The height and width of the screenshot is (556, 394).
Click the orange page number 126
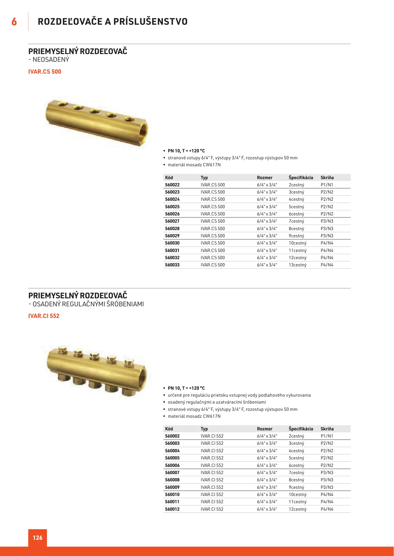[x=38, y=537]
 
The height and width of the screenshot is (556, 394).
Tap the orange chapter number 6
[x=14, y=22]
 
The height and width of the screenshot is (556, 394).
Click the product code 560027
[x=172, y=221]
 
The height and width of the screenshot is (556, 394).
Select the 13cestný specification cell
[x=298, y=265]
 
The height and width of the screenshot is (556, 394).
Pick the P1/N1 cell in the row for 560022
[x=327, y=185]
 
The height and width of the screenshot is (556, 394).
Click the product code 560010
[x=172, y=494]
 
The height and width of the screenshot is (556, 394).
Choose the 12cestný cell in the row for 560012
[x=298, y=509]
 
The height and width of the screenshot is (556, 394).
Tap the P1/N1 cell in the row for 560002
[x=327, y=436]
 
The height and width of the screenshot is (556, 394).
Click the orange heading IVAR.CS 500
[x=45, y=72]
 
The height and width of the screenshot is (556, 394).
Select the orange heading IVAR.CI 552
[x=44, y=316]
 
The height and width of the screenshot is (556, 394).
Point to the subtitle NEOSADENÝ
[x=51, y=59]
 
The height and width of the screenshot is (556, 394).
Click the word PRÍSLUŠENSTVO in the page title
[x=150, y=22]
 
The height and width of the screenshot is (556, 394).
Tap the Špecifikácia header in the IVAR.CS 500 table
[x=301, y=178]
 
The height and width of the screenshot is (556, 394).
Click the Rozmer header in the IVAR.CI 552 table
[x=265, y=429]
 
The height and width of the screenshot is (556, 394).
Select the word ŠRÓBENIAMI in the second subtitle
[x=125, y=304]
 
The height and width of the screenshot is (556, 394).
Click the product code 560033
[x=172, y=265]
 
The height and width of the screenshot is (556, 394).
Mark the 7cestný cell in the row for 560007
[x=296, y=473]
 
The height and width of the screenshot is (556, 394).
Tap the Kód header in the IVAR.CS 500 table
[x=169, y=178]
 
